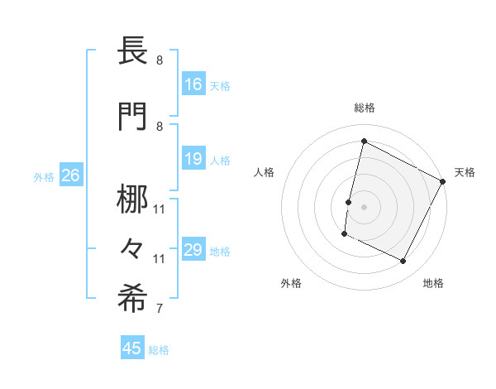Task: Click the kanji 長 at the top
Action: tap(132, 51)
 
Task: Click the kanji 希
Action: tap(132, 300)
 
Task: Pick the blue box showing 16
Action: tap(193, 84)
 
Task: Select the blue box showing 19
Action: tap(193, 159)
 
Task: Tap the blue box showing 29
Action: tap(193, 250)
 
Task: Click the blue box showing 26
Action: tap(70, 175)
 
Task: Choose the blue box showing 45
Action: tap(132, 348)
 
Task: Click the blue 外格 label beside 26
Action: tap(44, 176)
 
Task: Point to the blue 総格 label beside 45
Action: tap(159, 350)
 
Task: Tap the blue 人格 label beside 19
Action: tap(220, 160)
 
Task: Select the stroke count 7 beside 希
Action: tap(159, 310)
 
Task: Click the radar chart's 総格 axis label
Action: tap(365, 108)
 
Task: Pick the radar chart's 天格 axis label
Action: tap(465, 172)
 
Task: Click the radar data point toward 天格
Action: tap(443, 181)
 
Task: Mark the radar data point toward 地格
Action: tap(403, 262)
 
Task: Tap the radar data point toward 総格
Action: tap(364, 142)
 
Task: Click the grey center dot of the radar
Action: tap(364, 207)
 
